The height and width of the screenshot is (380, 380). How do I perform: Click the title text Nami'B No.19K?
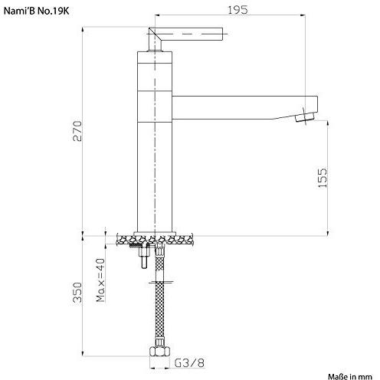36,11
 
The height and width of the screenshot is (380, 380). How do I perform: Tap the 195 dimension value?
237,10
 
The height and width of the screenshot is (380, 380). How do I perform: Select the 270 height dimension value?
77,131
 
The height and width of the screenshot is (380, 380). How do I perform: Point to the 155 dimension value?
323,178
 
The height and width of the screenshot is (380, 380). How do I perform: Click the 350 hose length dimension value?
77,292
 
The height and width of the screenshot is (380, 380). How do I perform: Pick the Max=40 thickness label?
100,280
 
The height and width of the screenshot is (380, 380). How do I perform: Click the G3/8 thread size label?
189,363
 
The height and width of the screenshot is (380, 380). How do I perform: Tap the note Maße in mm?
350,376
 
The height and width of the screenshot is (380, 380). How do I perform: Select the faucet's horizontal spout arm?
244,107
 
